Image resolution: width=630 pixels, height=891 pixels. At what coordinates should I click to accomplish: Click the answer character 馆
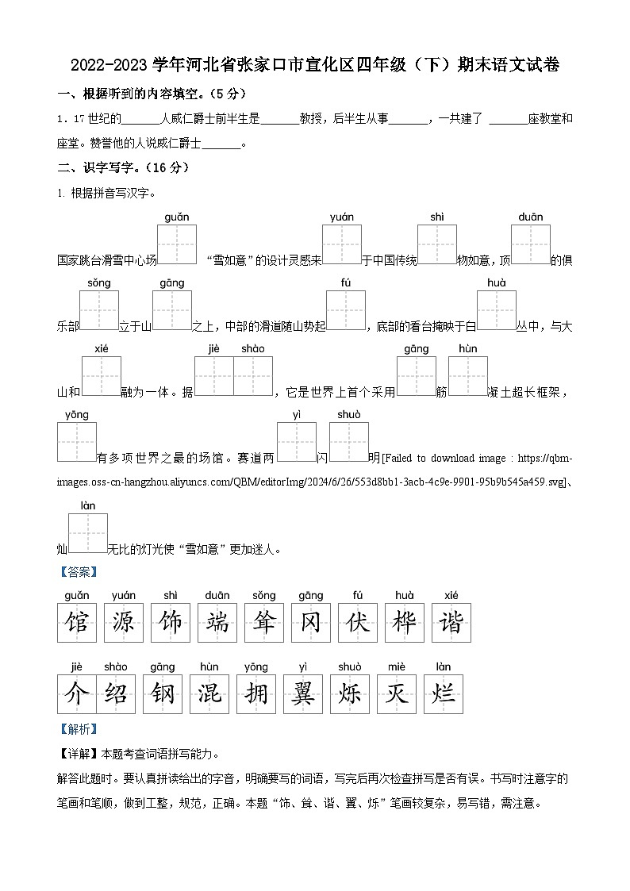pos(77,623)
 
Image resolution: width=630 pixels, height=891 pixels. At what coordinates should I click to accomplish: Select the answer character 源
pos(124,623)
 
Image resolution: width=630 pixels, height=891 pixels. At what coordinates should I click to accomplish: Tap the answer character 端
pos(217,623)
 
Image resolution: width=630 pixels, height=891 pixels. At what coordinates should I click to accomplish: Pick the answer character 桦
pos(405,623)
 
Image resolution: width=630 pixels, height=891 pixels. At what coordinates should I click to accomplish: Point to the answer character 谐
pos(451,623)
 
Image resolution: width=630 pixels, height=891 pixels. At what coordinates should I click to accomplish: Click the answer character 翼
pos(304,694)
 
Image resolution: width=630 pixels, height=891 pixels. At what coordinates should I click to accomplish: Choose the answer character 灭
pos(397,694)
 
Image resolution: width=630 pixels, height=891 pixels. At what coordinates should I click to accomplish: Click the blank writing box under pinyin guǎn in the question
pos(177,244)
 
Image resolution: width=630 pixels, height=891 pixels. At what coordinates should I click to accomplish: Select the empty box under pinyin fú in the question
pos(346,310)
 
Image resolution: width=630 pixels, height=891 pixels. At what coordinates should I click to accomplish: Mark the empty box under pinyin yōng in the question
pos(77,442)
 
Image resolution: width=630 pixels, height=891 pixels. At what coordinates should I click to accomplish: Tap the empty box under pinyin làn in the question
pos(88,532)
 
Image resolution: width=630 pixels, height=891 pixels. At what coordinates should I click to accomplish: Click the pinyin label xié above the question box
pos(101,348)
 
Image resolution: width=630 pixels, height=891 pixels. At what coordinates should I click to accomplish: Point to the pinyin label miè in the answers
pos(397,666)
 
